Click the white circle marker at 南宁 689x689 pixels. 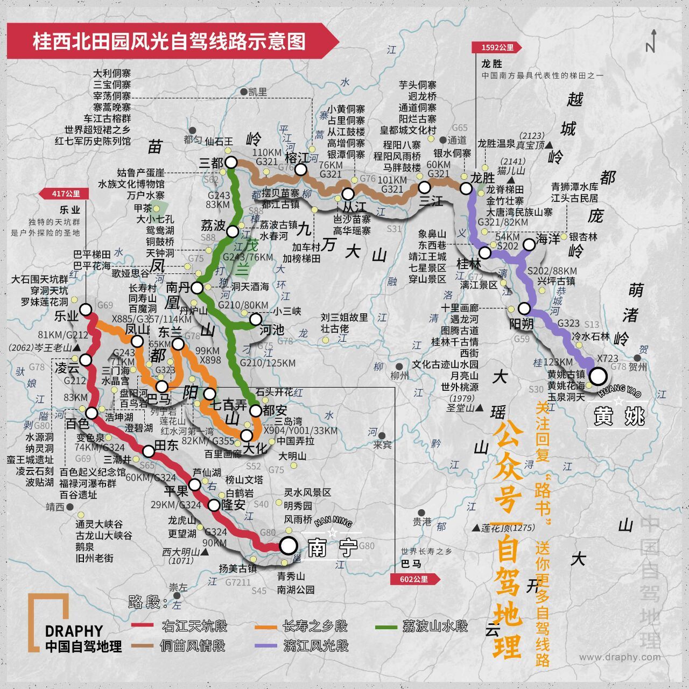tap(289, 545)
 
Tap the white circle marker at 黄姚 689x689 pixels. tap(598, 376)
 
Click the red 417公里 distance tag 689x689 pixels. tap(66, 194)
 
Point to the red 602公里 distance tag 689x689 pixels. tap(413, 579)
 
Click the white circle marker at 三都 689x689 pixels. tap(231, 163)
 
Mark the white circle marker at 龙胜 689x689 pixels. tap(466, 188)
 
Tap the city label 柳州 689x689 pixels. tap(399, 376)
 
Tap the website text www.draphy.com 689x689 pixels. tap(620, 657)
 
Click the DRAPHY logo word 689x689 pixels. tap(74, 631)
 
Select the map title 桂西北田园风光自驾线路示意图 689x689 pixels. tap(169, 41)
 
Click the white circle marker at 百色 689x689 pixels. tap(92, 413)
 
